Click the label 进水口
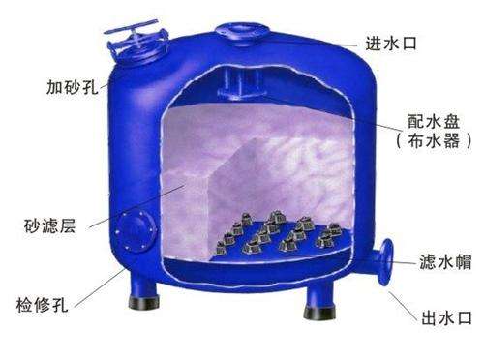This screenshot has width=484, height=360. tap(391, 44)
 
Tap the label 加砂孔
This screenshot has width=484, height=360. tap(72, 86)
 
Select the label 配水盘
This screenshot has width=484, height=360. tap(434, 122)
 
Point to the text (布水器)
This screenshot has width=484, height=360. tap(434, 141)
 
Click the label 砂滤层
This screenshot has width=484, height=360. tap(49, 225)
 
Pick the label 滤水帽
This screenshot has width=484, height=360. tap(445, 261)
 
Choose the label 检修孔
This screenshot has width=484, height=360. tap(42, 304)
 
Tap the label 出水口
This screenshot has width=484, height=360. tap(447, 317)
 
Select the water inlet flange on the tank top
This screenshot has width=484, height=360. tap(242, 32)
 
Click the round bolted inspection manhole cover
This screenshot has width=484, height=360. tap(136, 230)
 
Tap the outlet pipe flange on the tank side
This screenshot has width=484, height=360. tap(385, 262)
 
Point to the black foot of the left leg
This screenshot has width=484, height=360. tap(143, 302)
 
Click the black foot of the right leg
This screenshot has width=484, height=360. tap(319, 313)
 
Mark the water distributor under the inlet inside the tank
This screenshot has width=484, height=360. tap(242, 84)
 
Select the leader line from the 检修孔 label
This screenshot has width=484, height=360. tap(99, 287)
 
